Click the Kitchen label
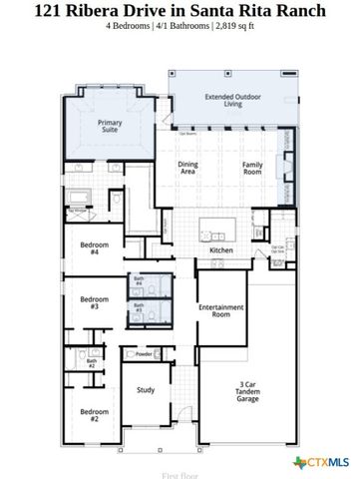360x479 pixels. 221,249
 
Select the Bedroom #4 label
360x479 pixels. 94,248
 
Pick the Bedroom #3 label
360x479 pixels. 94,301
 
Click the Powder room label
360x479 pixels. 144,353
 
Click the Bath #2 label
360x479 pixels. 91,364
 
